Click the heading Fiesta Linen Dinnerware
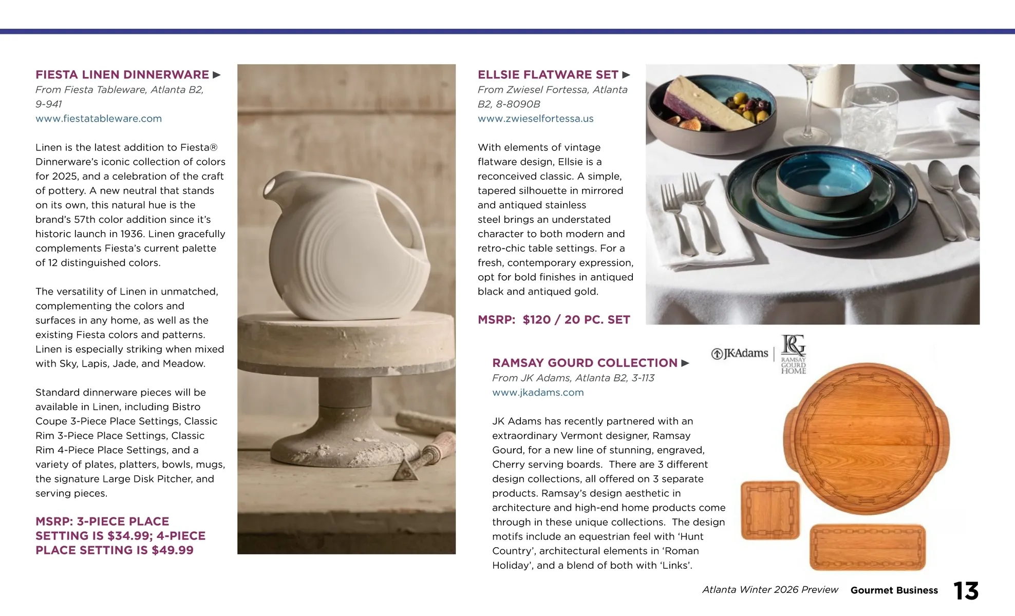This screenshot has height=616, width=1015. coord(122,75)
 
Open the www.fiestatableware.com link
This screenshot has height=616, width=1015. coord(99,119)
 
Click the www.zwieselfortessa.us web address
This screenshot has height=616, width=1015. coord(535,119)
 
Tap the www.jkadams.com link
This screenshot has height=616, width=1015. coord(538,393)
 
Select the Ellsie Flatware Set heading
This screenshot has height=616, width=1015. coord(548,75)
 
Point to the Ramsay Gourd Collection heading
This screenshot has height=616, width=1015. coord(585,363)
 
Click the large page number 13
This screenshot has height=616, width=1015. coord(966,591)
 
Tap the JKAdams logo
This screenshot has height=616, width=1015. coord(740,354)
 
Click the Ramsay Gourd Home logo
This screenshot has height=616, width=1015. coord(793,354)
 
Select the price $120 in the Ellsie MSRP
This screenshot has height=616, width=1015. coord(536,320)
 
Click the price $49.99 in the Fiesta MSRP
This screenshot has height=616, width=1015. coord(173,550)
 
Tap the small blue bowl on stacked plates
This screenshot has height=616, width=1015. coord(824,177)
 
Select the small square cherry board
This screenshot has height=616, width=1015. coord(770,510)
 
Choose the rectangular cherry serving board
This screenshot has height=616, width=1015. coord(868,547)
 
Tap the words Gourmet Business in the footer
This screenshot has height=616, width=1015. coord(894,590)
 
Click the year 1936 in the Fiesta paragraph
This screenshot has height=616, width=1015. coord(131,234)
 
